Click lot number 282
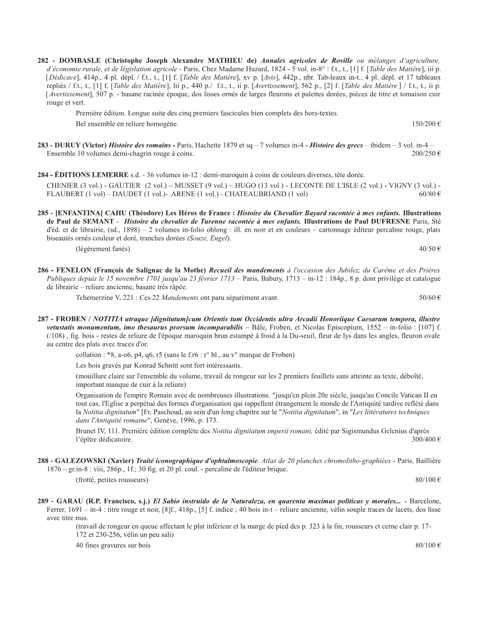click(43, 61)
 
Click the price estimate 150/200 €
click(426, 124)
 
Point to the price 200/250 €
click(426, 154)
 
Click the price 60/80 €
click(430, 194)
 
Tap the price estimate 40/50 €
click(430, 249)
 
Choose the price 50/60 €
click(430, 298)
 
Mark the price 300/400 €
click(426, 439)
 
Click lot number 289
click(43, 501)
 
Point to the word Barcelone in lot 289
click(425, 501)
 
